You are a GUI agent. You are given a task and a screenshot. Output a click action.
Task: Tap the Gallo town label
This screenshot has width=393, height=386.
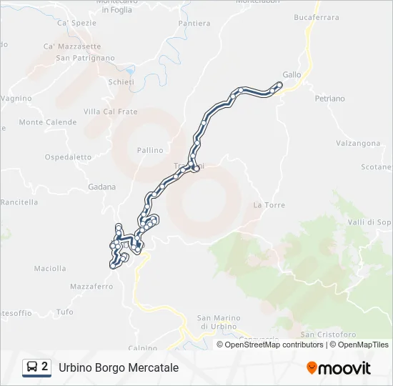pyautogui.click(x=292, y=74)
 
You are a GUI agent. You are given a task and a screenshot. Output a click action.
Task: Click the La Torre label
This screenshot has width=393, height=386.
pyautogui.click(x=269, y=205)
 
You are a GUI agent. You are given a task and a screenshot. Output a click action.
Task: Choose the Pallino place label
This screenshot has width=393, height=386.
pyautogui.click(x=150, y=150)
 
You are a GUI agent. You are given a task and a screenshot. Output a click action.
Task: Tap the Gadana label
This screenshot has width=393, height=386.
pyautogui.click(x=101, y=187)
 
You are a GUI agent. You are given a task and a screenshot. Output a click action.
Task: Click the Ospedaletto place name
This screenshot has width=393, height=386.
pyautogui.click(x=68, y=157)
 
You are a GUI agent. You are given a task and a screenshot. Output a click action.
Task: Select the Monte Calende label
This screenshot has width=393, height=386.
pyautogui.click(x=47, y=122)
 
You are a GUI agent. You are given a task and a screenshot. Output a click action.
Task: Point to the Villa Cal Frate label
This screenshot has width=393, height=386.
pyautogui.click(x=111, y=112)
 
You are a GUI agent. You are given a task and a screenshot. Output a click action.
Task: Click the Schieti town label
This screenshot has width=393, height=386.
pyautogui.click(x=121, y=82)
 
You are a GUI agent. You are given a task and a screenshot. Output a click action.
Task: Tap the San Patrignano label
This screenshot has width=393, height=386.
pyautogui.click(x=85, y=58)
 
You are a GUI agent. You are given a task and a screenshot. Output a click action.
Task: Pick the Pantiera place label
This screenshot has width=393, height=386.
pyautogui.click(x=194, y=24)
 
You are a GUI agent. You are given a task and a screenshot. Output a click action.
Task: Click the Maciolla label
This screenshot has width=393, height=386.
pyautogui.click(x=50, y=269)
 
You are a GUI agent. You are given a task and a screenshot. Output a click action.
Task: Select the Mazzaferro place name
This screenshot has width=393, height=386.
pyautogui.click(x=91, y=287)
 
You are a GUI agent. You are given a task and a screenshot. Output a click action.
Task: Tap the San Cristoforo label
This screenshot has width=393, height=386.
pyautogui.click(x=328, y=334)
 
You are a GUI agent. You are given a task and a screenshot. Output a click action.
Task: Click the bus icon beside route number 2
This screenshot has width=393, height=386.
pyautogui.click(x=33, y=367)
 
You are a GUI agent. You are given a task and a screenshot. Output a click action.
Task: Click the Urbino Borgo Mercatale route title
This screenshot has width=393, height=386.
pyautogui.click(x=119, y=367)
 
